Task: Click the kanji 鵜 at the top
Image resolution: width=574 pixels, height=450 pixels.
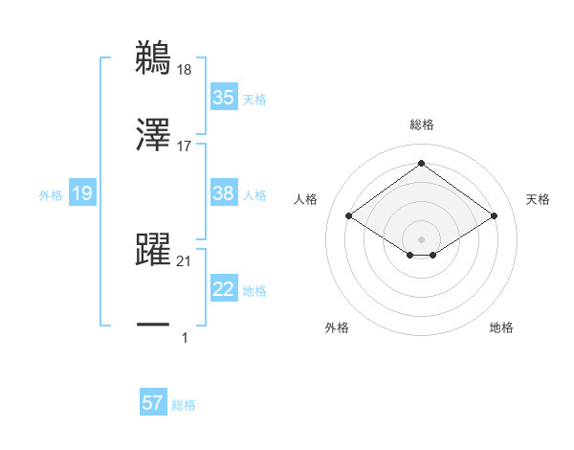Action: click(x=154, y=57)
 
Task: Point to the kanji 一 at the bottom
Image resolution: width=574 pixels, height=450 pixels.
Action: click(x=154, y=325)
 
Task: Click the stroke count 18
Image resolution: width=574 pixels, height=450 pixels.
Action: click(x=185, y=69)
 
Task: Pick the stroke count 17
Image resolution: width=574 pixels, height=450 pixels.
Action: click(x=185, y=146)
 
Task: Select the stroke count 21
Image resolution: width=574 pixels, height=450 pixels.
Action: click(x=185, y=260)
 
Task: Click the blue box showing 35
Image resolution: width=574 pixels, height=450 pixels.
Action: click(x=224, y=98)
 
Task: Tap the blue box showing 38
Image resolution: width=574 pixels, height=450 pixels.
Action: click(x=224, y=193)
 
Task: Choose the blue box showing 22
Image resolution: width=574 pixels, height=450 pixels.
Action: click(x=224, y=289)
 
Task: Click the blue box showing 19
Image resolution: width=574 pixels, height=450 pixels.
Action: click(x=82, y=194)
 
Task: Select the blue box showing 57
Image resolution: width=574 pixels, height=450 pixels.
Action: click(x=153, y=403)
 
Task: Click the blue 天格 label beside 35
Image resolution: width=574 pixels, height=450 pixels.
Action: click(x=254, y=99)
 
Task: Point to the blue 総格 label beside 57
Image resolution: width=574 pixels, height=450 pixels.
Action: click(x=184, y=405)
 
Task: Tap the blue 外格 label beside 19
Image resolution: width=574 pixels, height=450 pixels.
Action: click(x=51, y=195)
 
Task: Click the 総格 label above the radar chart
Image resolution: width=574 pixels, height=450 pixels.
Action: click(x=422, y=124)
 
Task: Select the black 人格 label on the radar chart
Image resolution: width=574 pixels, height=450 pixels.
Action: click(x=306, y=199)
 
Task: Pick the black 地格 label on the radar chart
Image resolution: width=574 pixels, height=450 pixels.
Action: click(x=501, y=328)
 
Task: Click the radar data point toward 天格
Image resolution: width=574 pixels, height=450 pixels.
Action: click(x=494, y=216)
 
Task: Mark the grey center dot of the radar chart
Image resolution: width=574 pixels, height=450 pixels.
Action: click(x=422, y=238)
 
